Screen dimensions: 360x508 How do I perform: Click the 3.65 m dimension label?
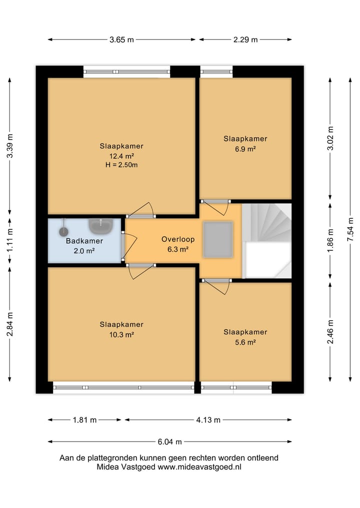point(121,40)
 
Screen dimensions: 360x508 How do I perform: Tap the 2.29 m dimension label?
point(245,40)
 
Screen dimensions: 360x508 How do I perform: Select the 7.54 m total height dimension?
point(350,229)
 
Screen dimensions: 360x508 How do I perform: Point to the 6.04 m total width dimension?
point(170,442)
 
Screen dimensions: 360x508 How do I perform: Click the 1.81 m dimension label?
point(84,420)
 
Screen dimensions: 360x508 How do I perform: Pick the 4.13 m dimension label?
point(208,420)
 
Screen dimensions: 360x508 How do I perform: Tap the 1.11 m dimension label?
point(10,240)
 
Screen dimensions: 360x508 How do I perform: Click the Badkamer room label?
point(84,241)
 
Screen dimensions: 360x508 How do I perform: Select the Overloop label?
point(178,239)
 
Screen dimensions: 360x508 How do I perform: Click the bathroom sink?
point(101,226)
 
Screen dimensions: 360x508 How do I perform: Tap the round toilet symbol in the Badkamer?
point(63,231)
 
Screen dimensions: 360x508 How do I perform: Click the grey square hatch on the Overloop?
point(218,239)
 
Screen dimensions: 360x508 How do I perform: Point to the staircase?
point(266,241)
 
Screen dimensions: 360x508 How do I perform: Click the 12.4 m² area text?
point(121,156)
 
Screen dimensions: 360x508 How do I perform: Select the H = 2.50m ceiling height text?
point(121,165)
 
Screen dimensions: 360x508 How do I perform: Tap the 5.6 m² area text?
point(245,342)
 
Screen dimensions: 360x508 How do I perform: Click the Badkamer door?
point(129,246)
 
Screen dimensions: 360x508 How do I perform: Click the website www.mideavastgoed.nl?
point(199,467)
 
